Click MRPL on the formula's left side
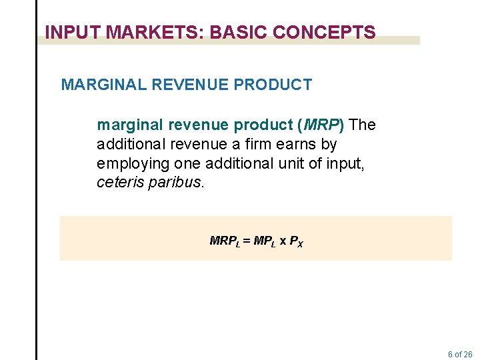225,241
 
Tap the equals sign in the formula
246,241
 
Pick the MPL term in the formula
263,241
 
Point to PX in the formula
297,241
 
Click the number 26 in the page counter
467,355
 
